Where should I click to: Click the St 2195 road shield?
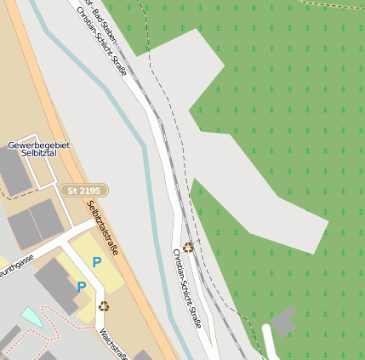coord(83,191)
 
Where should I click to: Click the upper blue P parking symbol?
coord(97,262)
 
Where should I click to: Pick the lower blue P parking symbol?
coord(81,287)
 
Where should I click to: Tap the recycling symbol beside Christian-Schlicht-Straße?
coord(188,247)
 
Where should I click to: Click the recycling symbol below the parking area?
coord(104,306)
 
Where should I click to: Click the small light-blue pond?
coord(31,317)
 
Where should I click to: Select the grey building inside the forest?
coord(282,322)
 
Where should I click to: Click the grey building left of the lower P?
coord(53,285)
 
